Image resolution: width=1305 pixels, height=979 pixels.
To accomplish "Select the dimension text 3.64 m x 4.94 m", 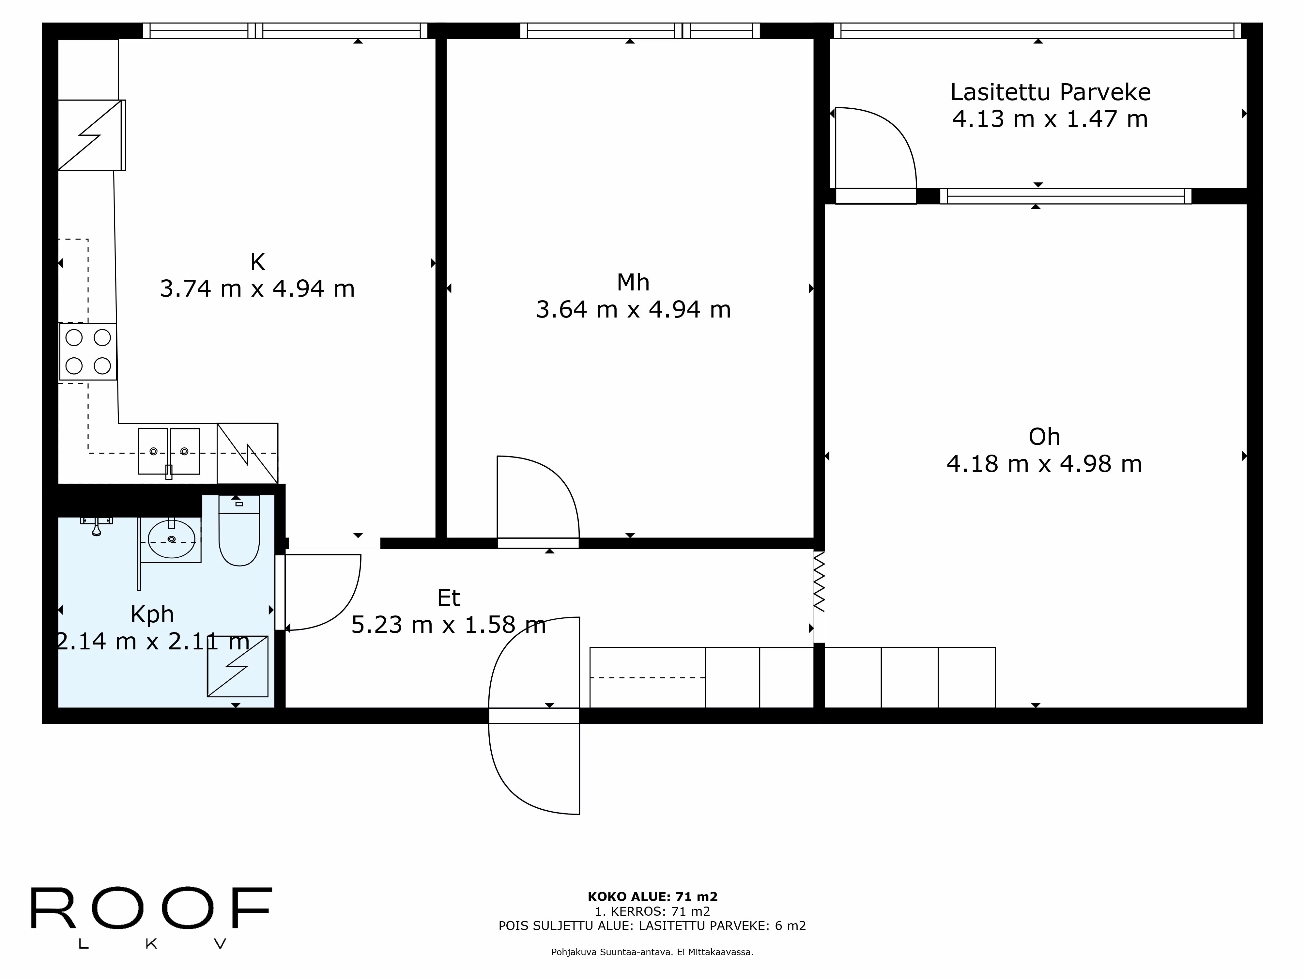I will [633, 310].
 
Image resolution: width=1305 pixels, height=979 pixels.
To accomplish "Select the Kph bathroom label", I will [152, 614].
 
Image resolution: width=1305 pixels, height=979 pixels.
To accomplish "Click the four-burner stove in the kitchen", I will [88, 352].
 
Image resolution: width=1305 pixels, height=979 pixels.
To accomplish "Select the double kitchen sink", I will [169, 451].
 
